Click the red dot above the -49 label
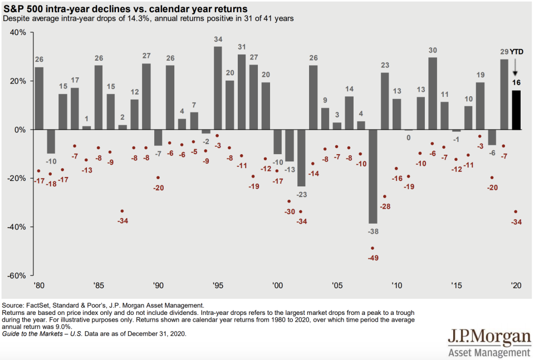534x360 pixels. pos(373,248)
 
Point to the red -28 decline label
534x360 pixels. pos(385,206)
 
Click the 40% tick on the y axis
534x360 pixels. pos(19,32)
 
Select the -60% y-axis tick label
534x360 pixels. pos(17,276)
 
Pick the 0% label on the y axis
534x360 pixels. pos(21,130)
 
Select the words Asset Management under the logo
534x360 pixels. pos(489,353)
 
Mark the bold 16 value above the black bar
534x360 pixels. pos(516,83)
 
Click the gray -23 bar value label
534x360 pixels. pos(302,195)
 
